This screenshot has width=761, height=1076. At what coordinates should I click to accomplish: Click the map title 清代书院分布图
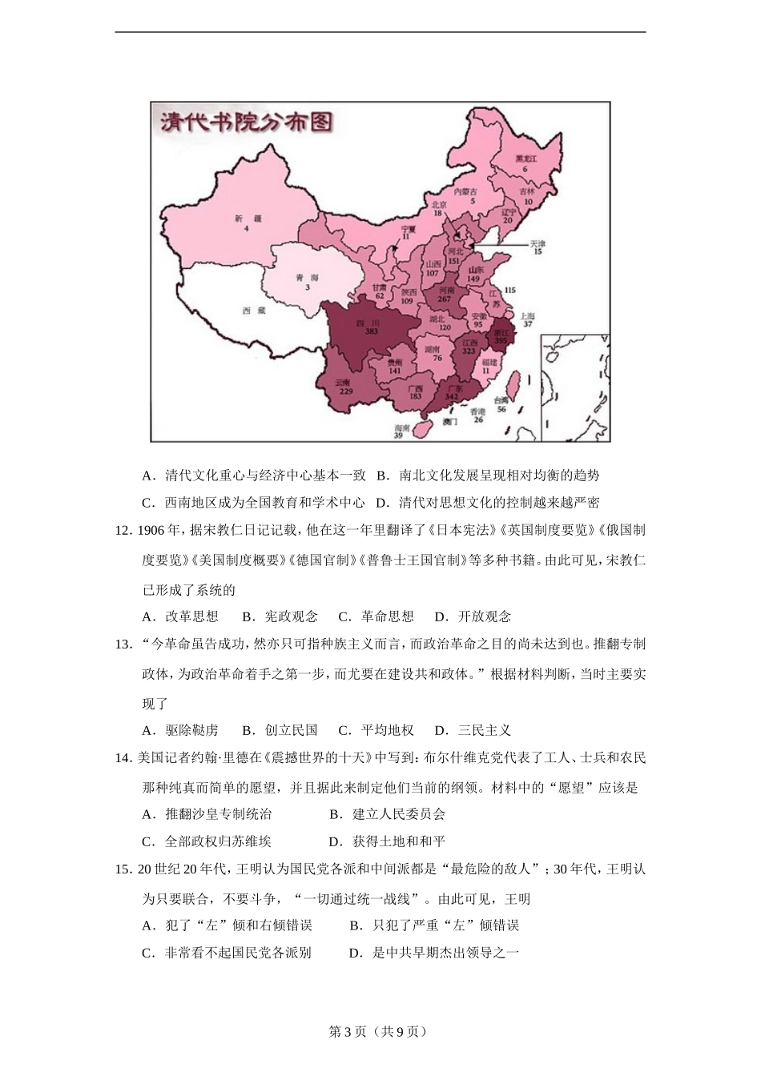[x=246, y=122]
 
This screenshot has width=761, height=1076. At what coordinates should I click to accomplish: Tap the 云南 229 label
[x=345, y=387]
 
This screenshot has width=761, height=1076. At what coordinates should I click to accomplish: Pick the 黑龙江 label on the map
[x=525, y=163]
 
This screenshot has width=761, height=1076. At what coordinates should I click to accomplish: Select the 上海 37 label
[x=527, y=319]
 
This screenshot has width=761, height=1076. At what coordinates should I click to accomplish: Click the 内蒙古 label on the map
[x=465, y=195]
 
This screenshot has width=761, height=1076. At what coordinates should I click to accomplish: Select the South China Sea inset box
[x=575, y=387]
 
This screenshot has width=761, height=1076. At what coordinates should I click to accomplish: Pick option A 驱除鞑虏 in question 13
[x=181, y=729]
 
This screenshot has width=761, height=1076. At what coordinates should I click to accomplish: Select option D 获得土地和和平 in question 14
[x=388, y=841]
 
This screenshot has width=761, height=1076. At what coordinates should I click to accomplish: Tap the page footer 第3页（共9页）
[x=380, y=1031]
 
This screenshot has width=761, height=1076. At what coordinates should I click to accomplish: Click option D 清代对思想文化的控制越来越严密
[x=488, y=502]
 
